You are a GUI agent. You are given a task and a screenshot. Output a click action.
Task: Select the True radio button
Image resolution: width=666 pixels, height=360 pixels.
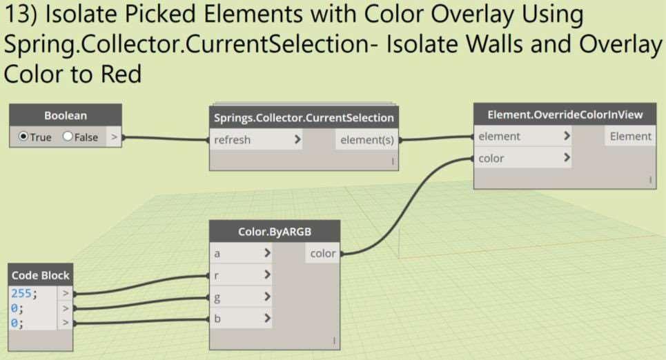coord(24,137)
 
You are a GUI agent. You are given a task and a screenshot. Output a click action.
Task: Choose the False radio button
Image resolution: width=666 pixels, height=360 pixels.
coord(68,137)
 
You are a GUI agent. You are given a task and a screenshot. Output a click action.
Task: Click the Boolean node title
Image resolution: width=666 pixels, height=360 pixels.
coord(66,116)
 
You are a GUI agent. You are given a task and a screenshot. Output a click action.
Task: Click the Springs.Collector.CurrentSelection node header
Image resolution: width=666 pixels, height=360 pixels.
coord(304,117)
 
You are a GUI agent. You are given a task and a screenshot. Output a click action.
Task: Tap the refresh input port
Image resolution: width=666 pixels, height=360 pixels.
coord(233,140)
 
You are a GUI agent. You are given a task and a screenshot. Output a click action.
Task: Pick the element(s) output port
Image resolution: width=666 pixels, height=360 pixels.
coord(365,140)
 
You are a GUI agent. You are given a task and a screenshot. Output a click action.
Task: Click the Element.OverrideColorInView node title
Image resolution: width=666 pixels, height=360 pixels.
coord(565,114)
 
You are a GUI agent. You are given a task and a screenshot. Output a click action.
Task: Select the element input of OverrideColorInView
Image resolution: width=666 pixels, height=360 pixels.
coord(500,137)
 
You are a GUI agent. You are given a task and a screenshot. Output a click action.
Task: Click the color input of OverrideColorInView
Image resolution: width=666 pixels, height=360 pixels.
coord(491,159)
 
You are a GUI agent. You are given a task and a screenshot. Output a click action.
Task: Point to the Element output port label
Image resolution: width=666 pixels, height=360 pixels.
coord(630,137)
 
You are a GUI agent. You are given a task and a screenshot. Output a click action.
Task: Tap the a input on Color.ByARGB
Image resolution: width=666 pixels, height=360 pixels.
coord(218,254)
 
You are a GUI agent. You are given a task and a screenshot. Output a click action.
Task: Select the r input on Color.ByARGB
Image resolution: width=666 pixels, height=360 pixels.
coord(218,275)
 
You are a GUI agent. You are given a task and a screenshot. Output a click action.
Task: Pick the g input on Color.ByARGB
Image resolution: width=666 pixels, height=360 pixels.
coord(218,297)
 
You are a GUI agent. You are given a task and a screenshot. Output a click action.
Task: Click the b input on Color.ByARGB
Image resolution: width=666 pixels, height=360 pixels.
coord(218,319)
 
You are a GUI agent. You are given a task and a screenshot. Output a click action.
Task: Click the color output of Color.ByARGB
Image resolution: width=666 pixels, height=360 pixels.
coord(322,254)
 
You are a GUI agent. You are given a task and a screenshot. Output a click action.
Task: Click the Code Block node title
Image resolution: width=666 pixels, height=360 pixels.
coord(41,275)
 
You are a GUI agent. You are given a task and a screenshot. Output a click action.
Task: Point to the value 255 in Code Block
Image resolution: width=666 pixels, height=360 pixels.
coord(21,292)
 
